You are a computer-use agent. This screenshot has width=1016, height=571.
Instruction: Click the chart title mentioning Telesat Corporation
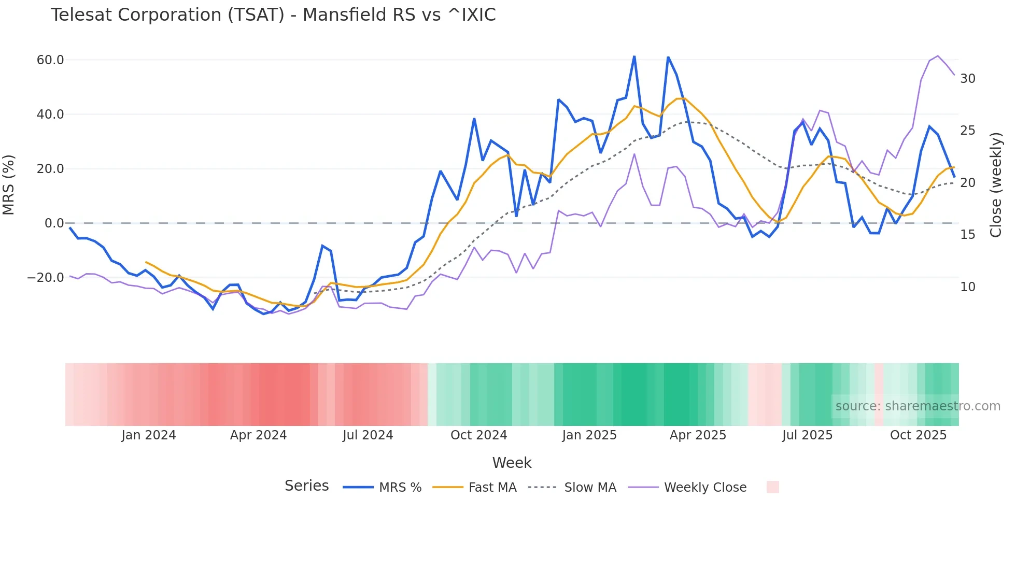273,15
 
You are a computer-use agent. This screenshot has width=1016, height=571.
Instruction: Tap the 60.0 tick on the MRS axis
50,60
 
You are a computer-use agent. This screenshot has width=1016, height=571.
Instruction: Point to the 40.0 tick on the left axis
50,115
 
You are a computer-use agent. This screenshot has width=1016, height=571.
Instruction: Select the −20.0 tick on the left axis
46,278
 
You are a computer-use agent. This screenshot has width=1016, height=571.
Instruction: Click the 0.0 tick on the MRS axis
54,223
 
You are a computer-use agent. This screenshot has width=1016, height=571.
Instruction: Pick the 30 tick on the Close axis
968,79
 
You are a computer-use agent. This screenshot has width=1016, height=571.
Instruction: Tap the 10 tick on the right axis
968,287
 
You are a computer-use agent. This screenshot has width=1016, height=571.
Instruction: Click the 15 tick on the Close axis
968,235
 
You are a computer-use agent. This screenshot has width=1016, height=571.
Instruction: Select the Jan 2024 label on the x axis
149,435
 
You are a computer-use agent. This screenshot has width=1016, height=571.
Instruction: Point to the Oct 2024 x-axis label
478,435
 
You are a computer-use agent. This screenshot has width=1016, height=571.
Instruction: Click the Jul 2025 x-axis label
807,435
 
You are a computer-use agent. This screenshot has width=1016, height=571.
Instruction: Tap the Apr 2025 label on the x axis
698,435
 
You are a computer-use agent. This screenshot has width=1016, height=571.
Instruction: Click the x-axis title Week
512,463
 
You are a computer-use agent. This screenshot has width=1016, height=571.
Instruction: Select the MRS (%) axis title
9,184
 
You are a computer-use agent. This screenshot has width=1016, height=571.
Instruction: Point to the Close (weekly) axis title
996,184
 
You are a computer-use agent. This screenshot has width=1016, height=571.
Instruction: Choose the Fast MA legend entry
492,488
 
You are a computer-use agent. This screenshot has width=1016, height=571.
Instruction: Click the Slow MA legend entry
590,488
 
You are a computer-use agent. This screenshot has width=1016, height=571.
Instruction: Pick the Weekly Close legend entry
705,488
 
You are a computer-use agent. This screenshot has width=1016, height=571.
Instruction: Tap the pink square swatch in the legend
772,487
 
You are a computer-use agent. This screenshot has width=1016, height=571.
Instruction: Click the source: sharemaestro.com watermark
918,406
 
